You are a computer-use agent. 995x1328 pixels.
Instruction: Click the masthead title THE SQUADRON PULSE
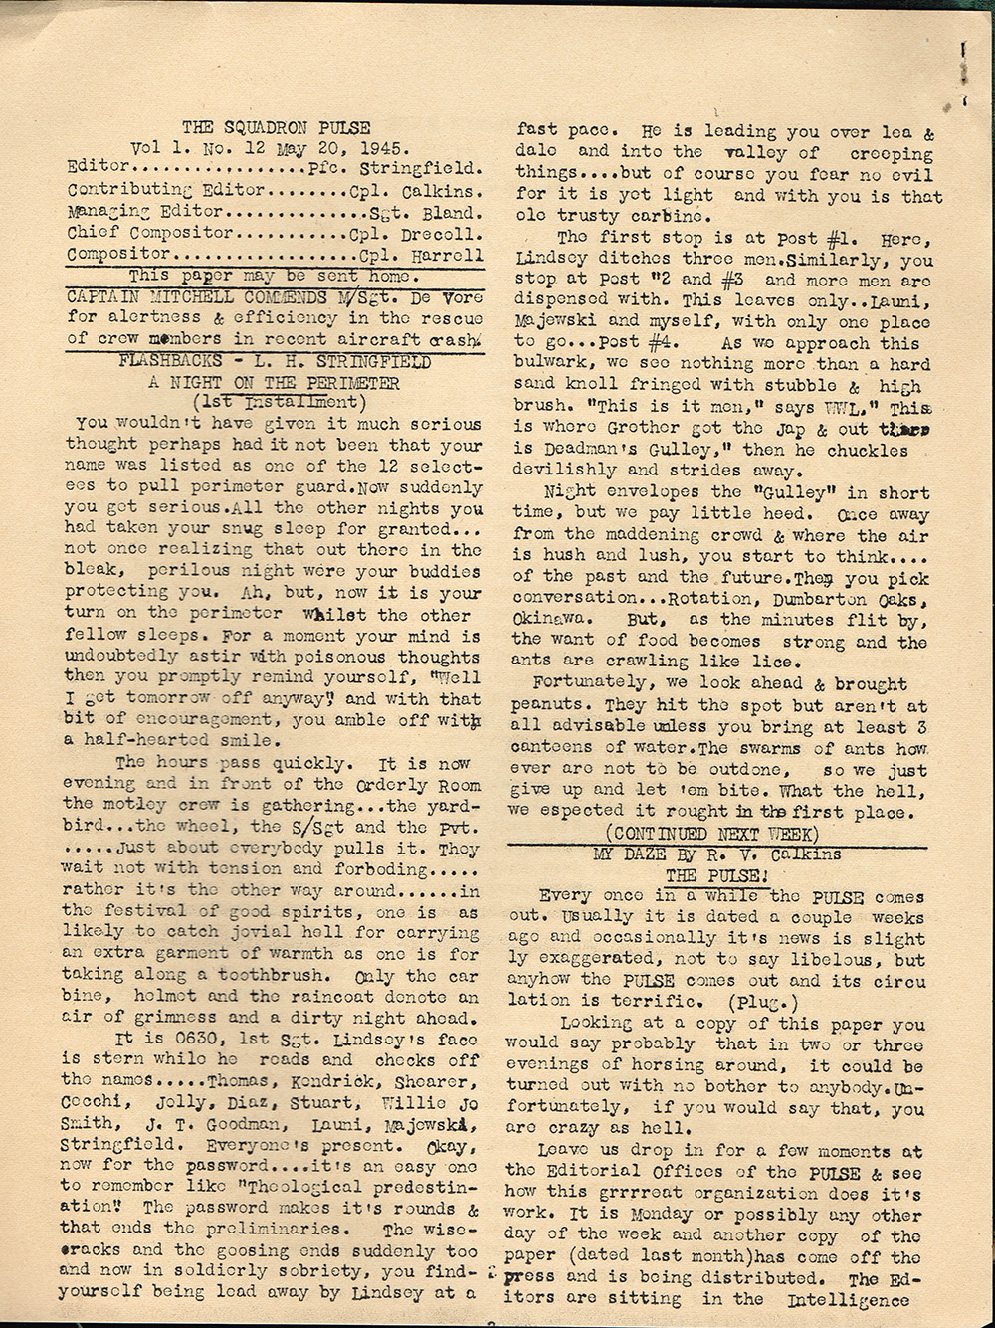tap(276, 127)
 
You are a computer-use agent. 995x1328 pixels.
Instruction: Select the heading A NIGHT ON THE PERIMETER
tap(274, 382)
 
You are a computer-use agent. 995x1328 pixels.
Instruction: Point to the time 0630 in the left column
tap(177, 1040)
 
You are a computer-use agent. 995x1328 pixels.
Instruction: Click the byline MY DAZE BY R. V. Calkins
tap(716, 854)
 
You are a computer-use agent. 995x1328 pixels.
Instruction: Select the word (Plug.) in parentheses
tap(734, 1000)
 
